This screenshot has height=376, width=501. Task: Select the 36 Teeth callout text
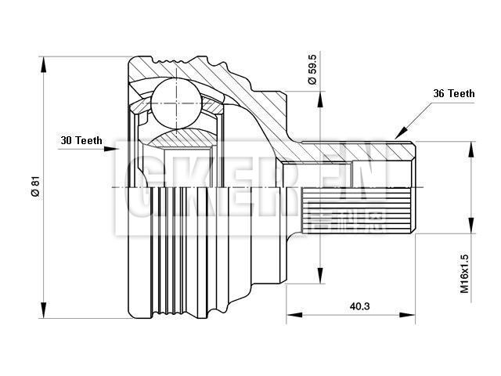pyautogui.click(x=453, y=93)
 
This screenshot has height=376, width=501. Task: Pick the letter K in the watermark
pyautogui.click(x=188, y=190)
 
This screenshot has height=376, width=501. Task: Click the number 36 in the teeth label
pyautogui.click(x=439, y=93)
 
